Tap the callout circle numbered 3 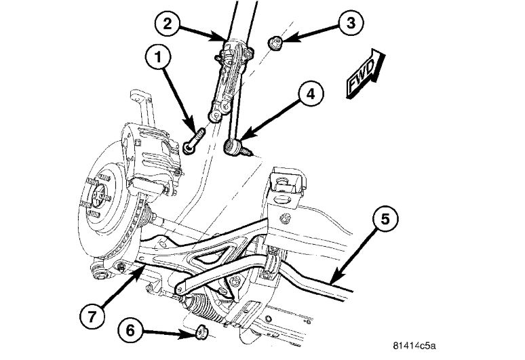[351, 24]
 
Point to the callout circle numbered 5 [384, 220]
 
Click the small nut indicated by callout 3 [277, 43]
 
